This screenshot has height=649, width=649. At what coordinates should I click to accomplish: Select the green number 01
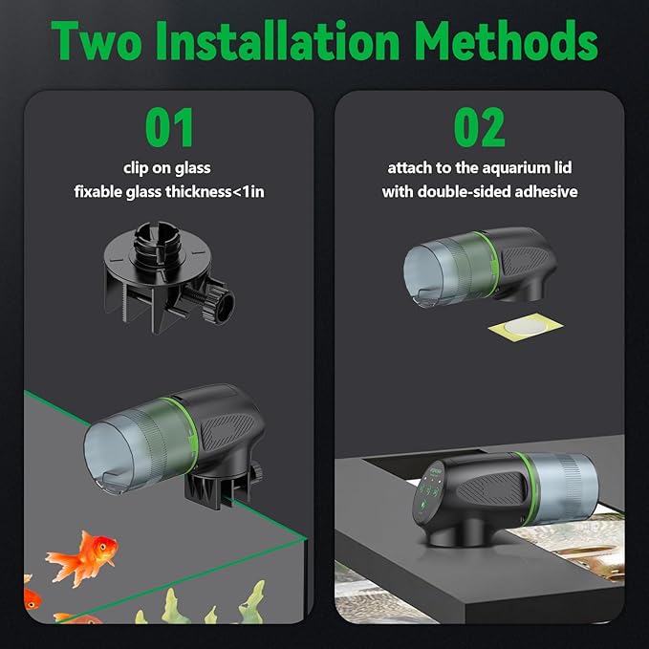click(x=169, y=128)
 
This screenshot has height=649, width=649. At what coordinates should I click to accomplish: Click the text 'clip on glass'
click(x=169, y=167)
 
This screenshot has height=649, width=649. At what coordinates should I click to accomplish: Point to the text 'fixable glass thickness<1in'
click(x=169, y=191)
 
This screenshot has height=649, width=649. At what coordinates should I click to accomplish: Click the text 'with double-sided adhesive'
click(x=480, y=191)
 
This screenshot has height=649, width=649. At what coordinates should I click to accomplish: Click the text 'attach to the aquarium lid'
click(x=480, y=167)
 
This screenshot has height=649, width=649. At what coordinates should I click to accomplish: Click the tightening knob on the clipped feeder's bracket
click(x=258, y=472)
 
